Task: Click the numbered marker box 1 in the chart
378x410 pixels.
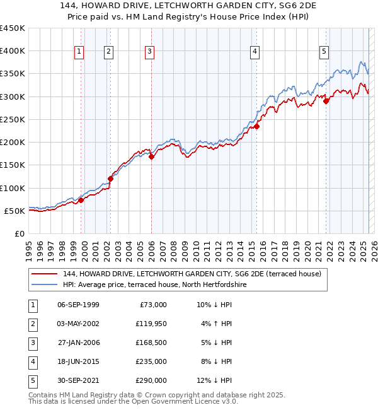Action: (x=80, y=52)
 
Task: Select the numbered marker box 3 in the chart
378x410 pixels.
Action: (x=149, y=52)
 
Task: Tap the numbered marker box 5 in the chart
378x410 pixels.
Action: (x=324, y=52)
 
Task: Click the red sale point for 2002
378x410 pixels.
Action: (x=110, y=179)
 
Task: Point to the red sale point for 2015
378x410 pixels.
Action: (x=256, y=126)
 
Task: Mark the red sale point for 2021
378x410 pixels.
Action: (x=326, y=101)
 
